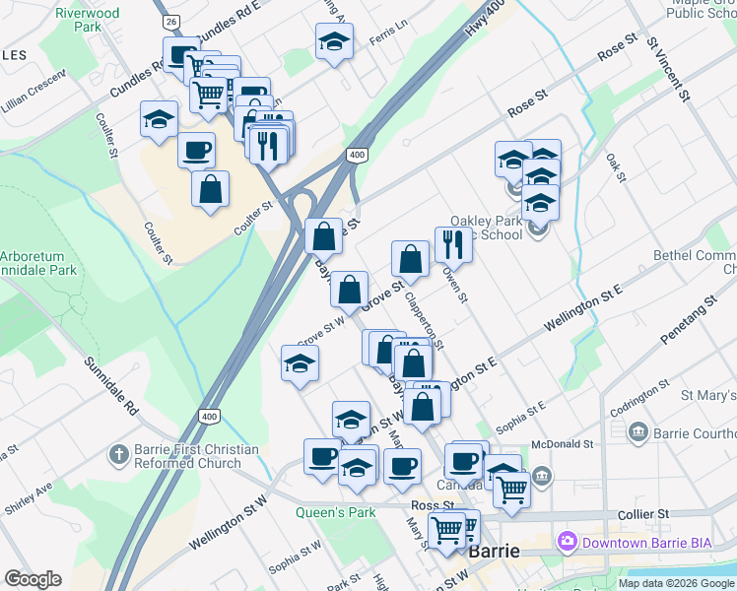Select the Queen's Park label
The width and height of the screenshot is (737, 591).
tap(322, 512)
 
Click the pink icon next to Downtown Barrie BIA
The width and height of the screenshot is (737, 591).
tap(567, 541)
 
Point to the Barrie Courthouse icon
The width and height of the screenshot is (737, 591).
tap(637, 431)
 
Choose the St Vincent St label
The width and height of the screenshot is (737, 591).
tap(667, 69)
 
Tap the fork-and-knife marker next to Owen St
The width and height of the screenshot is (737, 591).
tap(453, 244)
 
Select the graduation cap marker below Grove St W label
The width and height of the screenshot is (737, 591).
tap(300, 364)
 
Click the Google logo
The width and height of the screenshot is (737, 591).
tap(33, 579)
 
